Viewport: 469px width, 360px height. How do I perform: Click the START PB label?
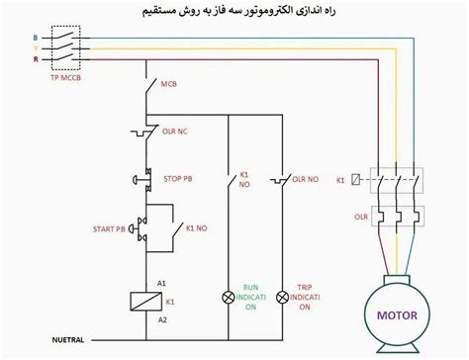click(x=106, y=228)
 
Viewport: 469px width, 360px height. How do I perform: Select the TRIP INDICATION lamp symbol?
click(x=282, y=296)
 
